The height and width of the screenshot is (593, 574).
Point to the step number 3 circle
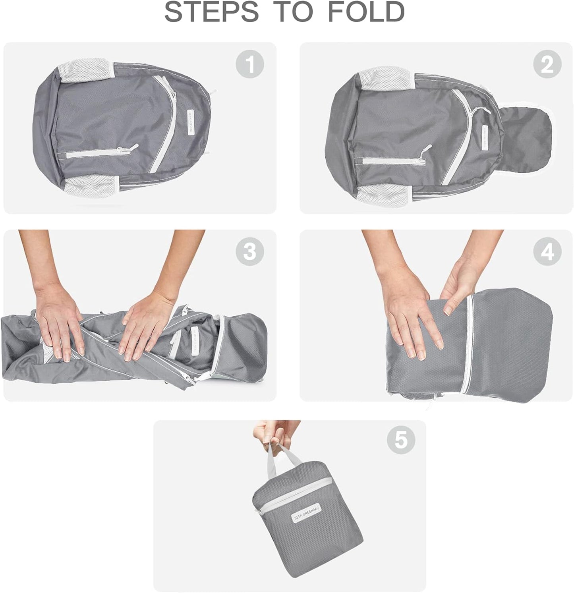[250, 251]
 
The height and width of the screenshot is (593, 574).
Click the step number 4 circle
[547, 251]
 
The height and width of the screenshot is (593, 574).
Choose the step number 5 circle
[401, 440]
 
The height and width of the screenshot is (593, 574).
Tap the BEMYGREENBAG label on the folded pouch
[307, 514]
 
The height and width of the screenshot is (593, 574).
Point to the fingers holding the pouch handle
[274, 433]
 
